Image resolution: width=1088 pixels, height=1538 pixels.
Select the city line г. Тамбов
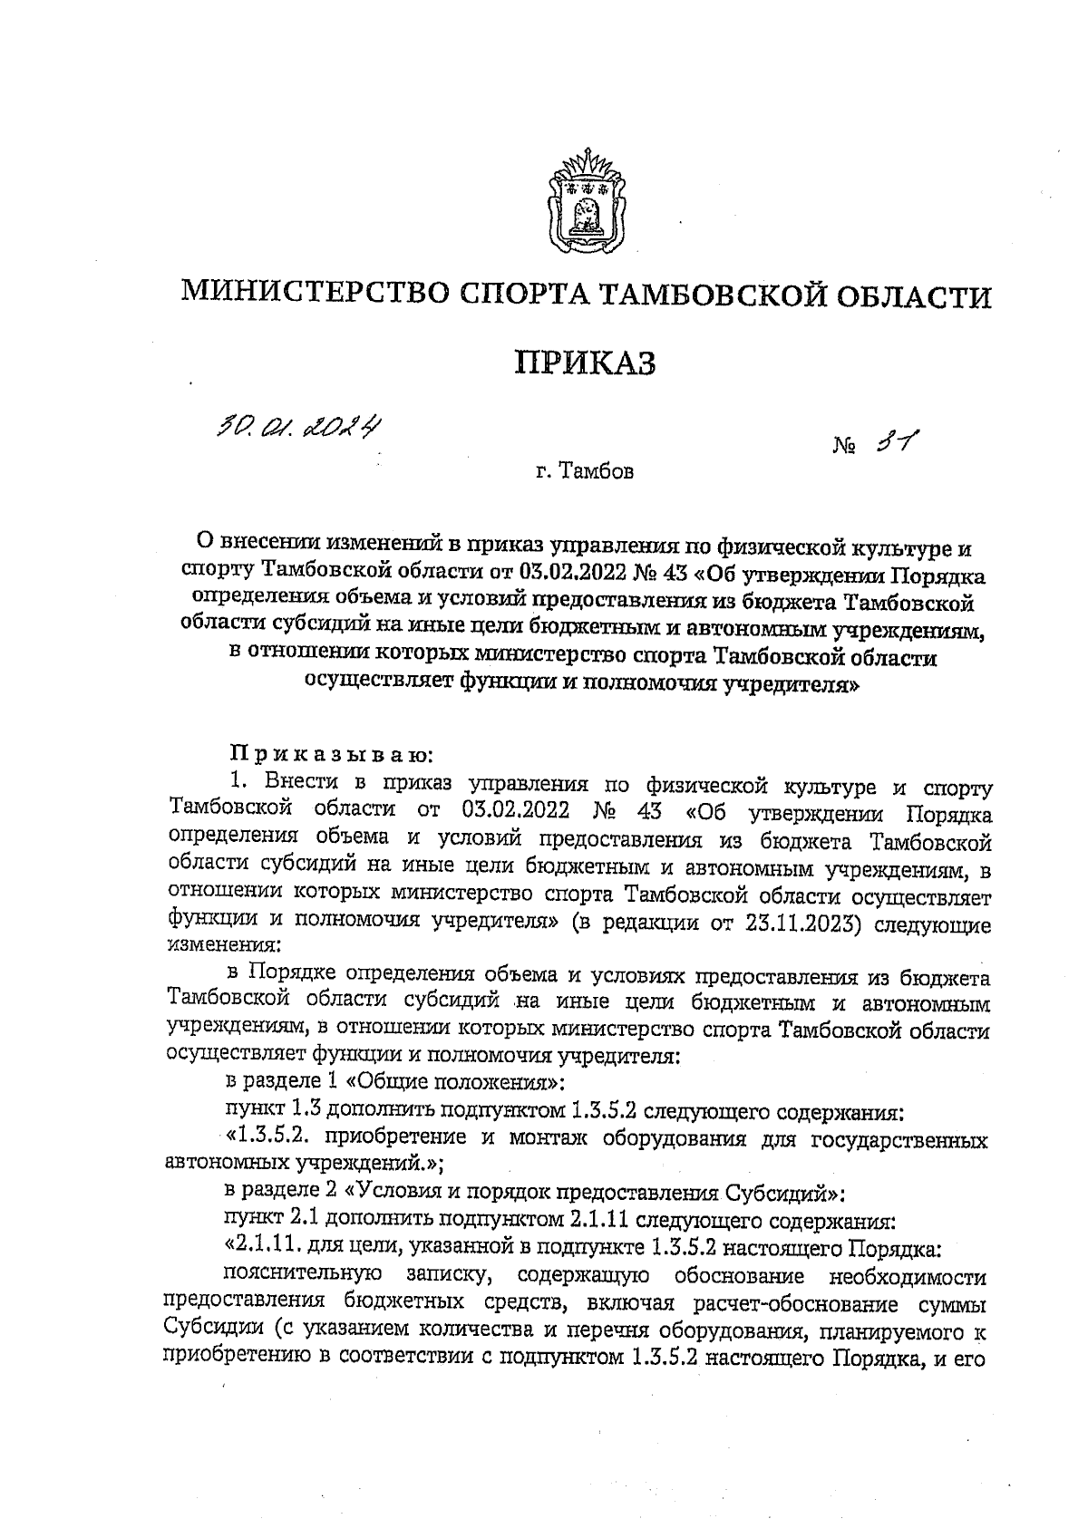[x=584, y=472]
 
